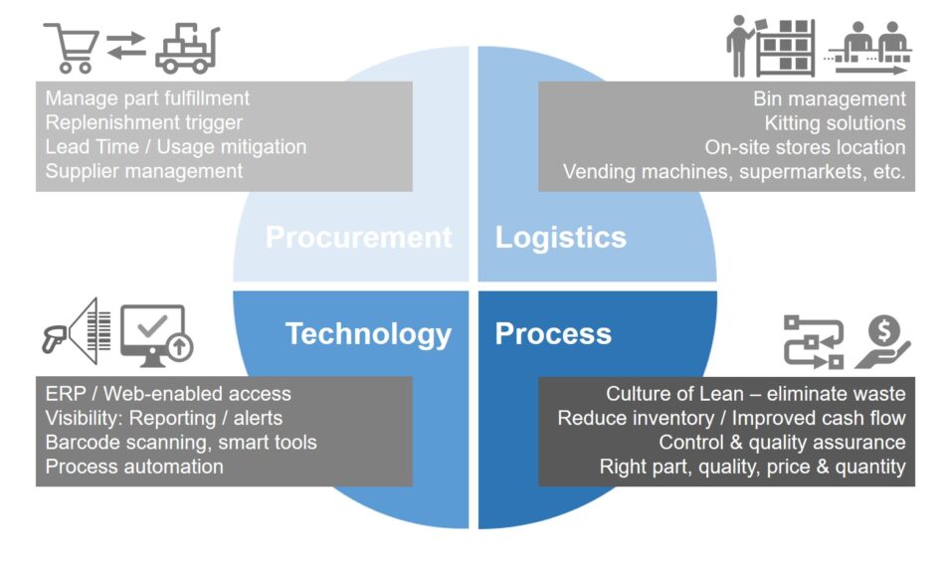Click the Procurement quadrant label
(358, 237)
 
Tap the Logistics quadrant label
(560, 238)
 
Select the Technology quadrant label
(368, 334)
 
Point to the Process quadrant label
(553, 333)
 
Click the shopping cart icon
(72, 48)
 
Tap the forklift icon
(187, 49)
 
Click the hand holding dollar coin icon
(883, 341)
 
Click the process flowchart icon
(814, 341)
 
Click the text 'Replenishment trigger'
(144, 122)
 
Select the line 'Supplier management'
(144, 171)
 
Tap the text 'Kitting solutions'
(835, 123)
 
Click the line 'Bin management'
(830, 98)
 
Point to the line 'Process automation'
(134, 467)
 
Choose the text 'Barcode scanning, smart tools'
(181, 443)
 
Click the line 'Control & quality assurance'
(782, 443)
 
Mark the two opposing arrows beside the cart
(126, 46)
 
